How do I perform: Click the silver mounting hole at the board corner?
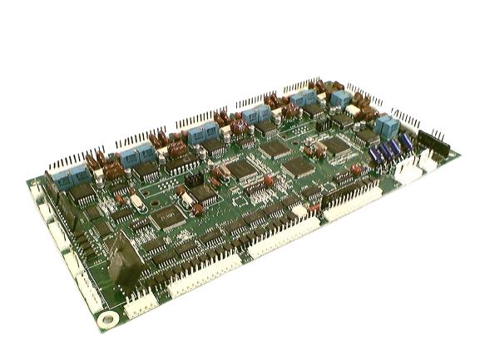point(104,318)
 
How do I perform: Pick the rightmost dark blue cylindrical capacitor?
point(406,143)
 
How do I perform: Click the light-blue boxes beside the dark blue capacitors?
point(386,126)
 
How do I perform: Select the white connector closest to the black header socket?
point(429,160)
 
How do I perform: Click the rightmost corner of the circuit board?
point(461,153)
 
